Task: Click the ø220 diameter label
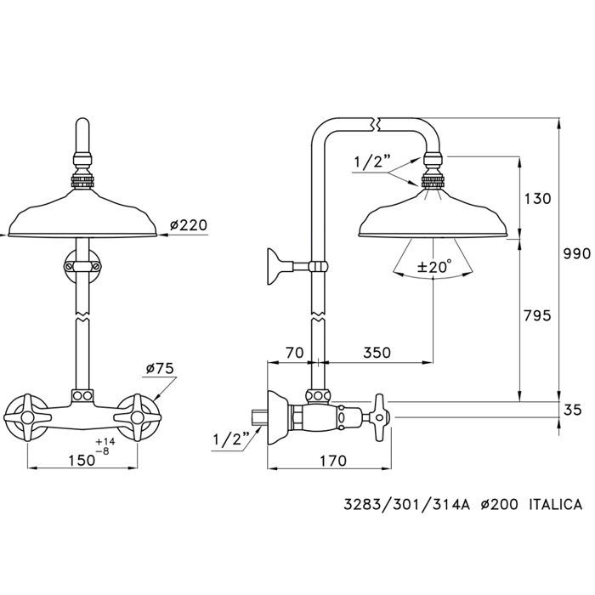tap(188, 225)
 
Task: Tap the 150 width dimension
tap(81, 459)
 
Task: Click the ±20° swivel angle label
tap(433, 267)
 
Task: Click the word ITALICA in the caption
tap(555, 505)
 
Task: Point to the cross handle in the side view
tap(377, 416)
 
